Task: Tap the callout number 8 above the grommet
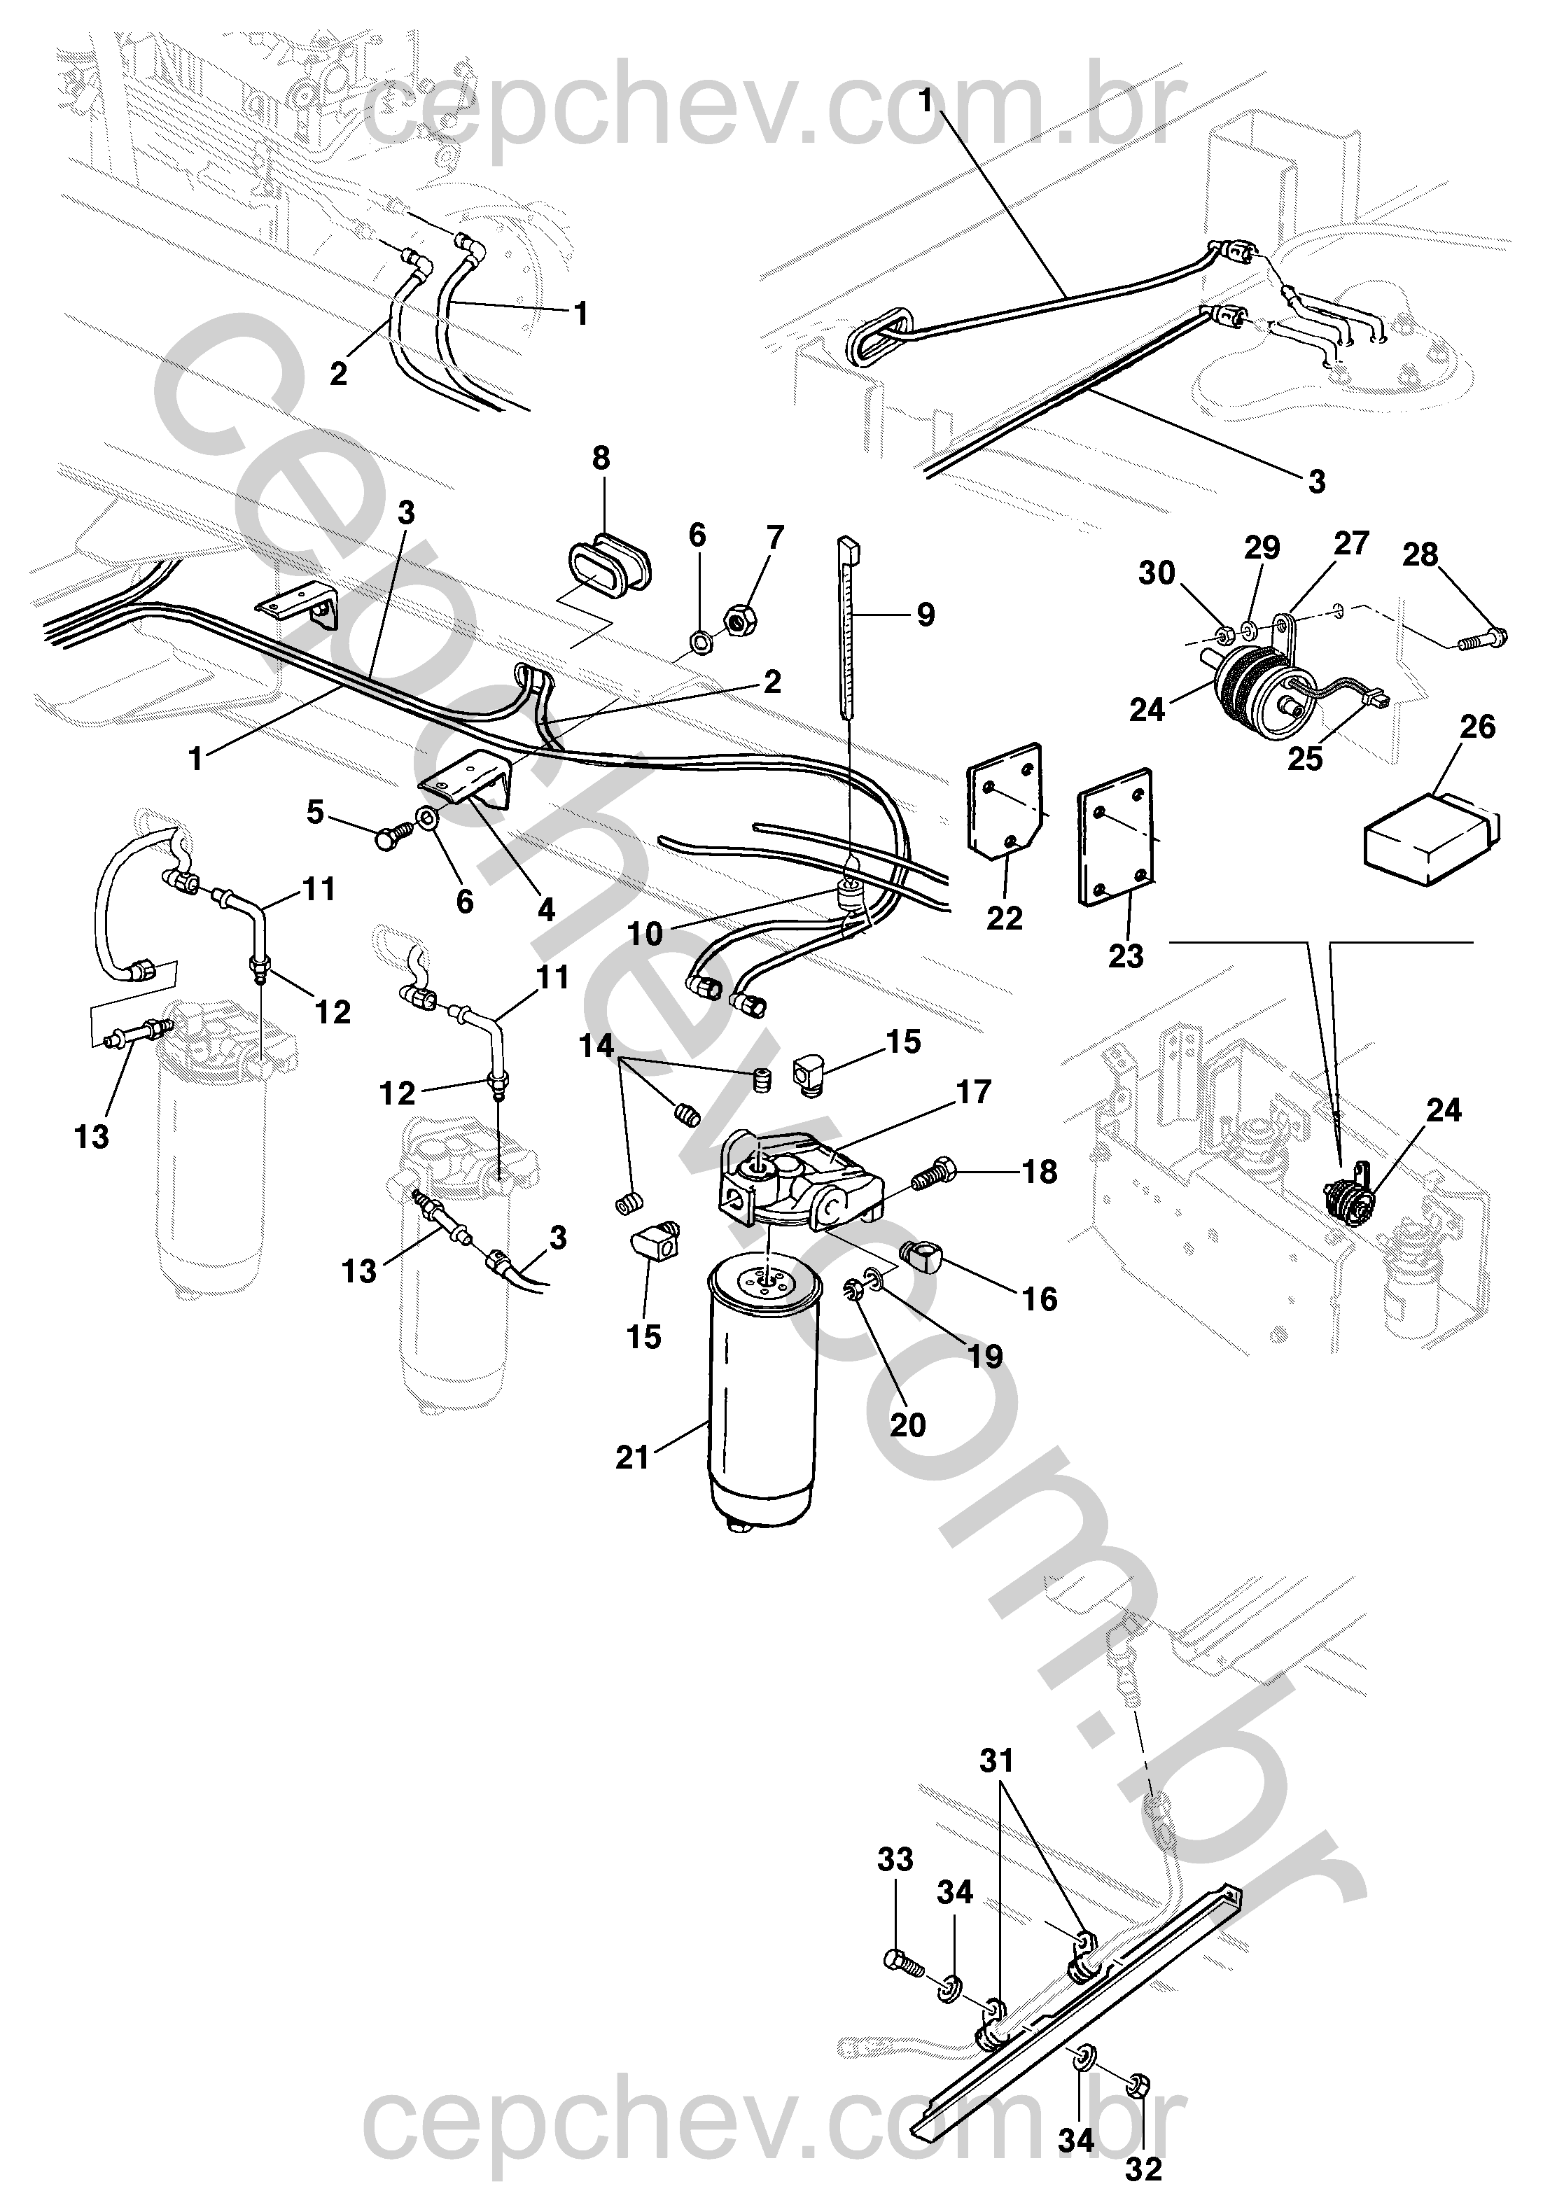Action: [601, 458]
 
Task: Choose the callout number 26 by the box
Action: [1477, 727]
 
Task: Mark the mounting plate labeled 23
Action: [1116, 834]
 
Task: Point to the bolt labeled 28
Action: [1479, 638]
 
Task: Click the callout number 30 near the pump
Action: [1157, 573]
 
